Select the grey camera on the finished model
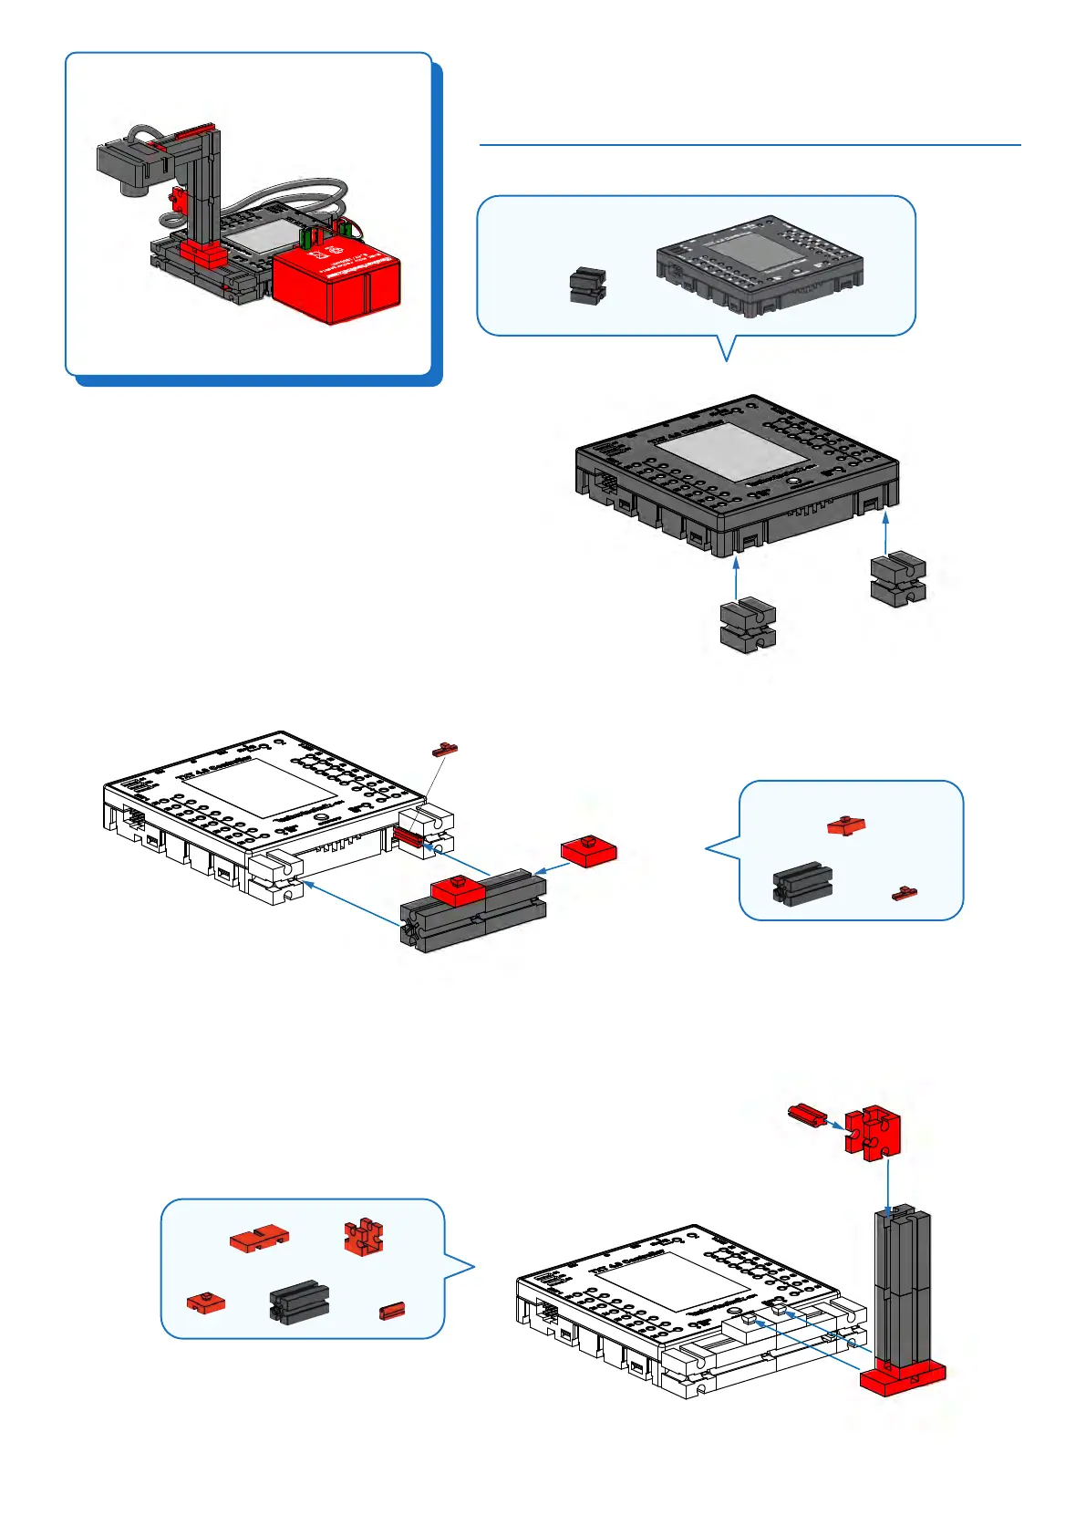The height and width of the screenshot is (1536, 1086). [x=128, y=164]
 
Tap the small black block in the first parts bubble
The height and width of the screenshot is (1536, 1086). [x=588, y=285]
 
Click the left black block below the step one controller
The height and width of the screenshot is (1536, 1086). [x=748, y=625]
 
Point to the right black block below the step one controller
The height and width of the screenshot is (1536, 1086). [x=898, y=578]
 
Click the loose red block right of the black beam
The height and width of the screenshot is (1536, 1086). [x=589, y=850]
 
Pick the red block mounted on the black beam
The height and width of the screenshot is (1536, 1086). [x=458, y=889]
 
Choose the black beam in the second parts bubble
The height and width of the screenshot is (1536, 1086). [x=802, y=884]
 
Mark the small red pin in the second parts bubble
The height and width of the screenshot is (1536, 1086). [x=905, y=893]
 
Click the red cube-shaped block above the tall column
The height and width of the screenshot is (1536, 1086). [x=873, y=1131]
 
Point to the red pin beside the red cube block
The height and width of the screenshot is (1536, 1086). [x=807, y=1114]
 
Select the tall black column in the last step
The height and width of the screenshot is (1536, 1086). [x=902, y=1286]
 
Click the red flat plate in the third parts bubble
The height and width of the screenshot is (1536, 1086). [x=259, y=1239]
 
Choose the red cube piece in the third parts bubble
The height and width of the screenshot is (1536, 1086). [x=364, y=1237]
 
